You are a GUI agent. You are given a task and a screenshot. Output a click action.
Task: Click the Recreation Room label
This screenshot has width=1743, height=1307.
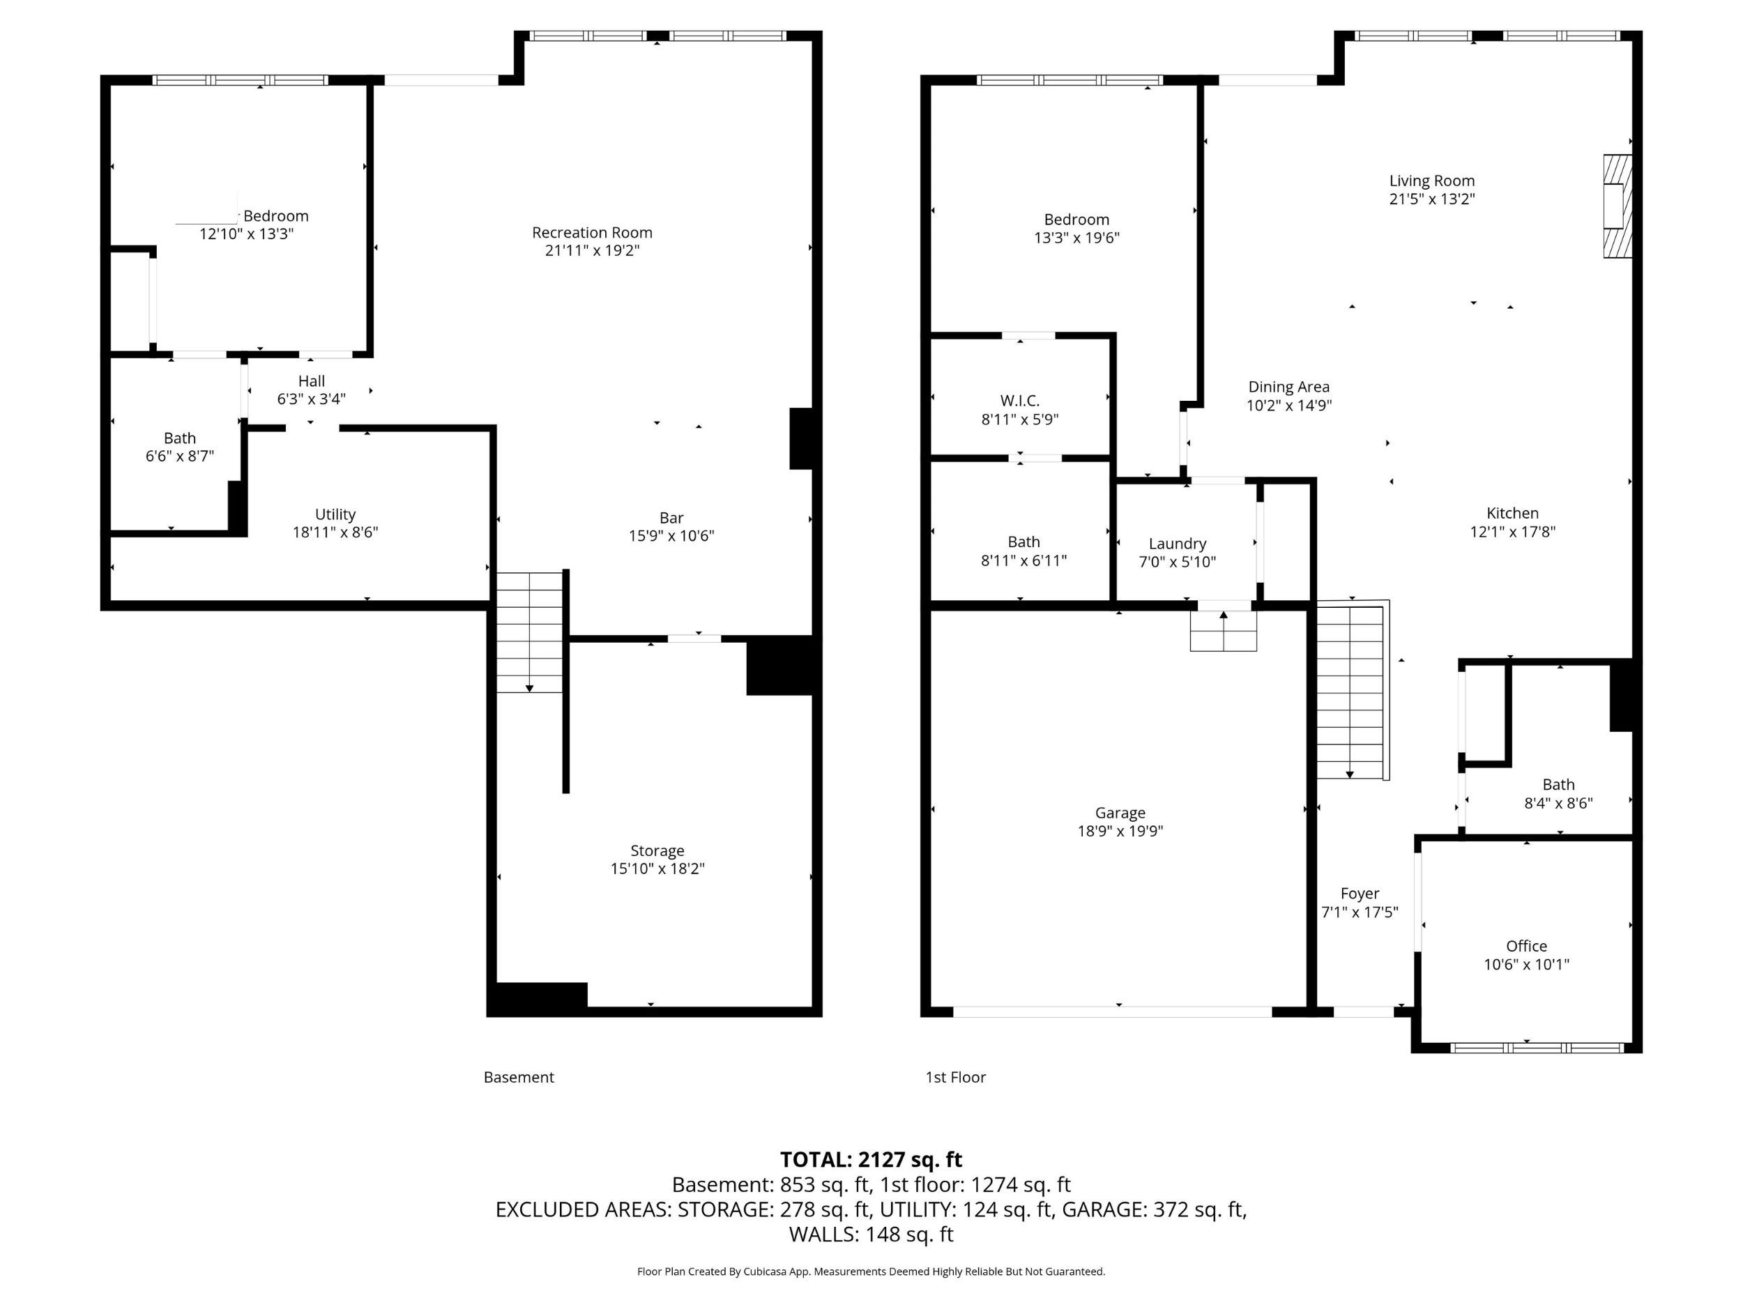pos(592,232)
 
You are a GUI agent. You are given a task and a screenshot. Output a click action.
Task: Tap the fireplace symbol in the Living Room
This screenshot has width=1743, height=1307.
pos(1617,206)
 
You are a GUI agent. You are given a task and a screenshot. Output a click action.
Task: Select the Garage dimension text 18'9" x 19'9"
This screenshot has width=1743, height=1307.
pos(1120,830)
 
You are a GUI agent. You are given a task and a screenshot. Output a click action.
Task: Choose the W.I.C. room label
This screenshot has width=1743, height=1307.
pos(1019,401)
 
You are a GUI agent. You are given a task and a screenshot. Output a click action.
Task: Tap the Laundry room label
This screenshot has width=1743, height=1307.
pos(1178,544)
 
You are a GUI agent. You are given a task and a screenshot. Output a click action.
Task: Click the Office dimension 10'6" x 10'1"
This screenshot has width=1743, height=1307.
pos(1526,964)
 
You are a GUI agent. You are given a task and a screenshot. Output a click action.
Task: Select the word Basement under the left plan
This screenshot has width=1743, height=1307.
pos(519,1077)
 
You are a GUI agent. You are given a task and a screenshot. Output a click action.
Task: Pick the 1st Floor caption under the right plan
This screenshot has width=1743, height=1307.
pos(955,1077)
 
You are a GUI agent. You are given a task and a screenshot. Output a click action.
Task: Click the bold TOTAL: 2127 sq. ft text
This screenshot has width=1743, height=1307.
pos(871,1160)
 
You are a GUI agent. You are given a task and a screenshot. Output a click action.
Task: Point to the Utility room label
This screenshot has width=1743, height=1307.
pos(335,514)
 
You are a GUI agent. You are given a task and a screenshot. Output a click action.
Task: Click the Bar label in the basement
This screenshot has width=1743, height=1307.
pos(671,518)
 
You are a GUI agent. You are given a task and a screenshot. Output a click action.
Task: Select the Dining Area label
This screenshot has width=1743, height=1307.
pos(1288,387)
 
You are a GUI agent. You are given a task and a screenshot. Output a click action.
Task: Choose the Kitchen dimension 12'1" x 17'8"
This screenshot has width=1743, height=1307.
pos(1512,532)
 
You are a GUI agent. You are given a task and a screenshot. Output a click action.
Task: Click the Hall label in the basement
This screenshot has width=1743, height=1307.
pos(311,381)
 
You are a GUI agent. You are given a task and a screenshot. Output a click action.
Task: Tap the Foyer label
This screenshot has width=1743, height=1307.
pos(1360,894)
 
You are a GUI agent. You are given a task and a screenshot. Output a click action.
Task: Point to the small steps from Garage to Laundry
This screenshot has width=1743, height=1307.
pos(1223,631)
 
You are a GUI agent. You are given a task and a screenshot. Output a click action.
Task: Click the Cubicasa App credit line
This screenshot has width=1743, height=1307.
pos(871,1271)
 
